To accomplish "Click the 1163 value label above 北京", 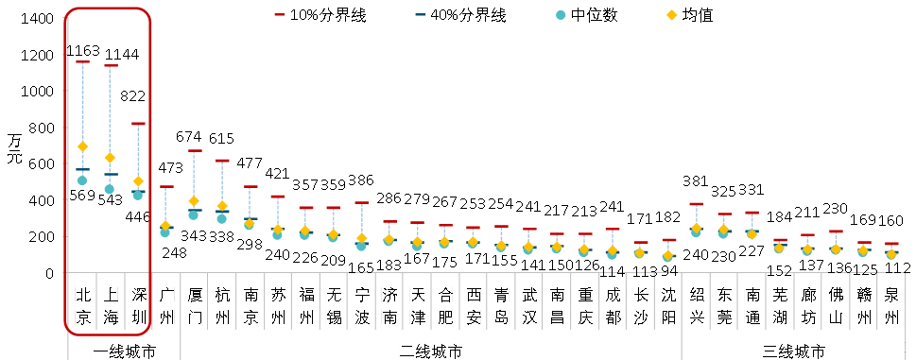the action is click(x=83, y=51).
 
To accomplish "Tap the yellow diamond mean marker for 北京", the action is click(x=82, y=146).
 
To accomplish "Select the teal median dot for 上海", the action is click(x=110, y=189).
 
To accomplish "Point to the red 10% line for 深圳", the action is click(x=138, y=124).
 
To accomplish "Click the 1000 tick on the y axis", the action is click(x=38, y=92).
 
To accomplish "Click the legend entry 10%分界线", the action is click(x=320, y=16).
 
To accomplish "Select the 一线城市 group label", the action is click(x=125, y=351).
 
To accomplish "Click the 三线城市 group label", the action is click(x=794, y=351).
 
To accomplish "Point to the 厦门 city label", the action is click(x=194, y=306).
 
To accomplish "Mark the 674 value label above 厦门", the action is click(x=189, y=137).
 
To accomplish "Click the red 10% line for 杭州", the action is click(x=222, y=161).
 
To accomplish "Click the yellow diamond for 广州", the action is click(x=165, y=226).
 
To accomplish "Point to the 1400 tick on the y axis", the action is click(x=38, y=19).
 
